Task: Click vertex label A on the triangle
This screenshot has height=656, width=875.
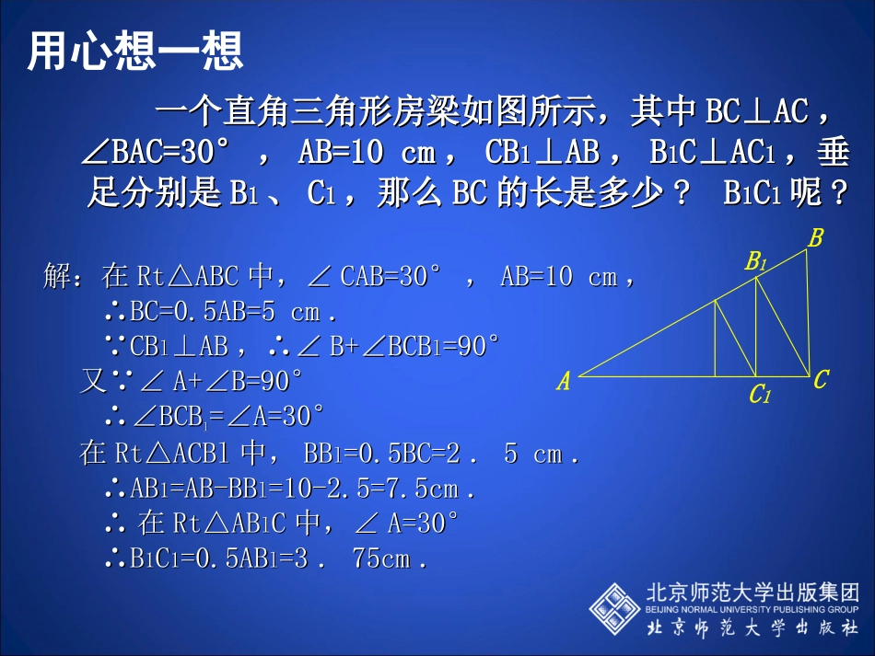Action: tap(563, 381)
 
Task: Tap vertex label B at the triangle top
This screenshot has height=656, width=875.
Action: tap(815, 239)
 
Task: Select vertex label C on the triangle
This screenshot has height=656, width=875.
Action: tap(821, 379)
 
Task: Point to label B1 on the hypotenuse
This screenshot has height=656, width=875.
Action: tap(756, 262)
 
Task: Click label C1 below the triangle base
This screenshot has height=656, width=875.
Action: tap(759, 396)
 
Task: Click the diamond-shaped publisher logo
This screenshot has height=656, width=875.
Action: tap(614, 607)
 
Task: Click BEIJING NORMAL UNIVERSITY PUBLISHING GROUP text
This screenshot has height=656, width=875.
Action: tap(752, 609)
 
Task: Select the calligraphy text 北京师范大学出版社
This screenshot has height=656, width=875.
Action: tap(752, 628)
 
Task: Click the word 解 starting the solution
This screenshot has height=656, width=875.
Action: tap(57, 276)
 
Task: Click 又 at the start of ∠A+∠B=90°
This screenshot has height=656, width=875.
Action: tap(93, 381)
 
